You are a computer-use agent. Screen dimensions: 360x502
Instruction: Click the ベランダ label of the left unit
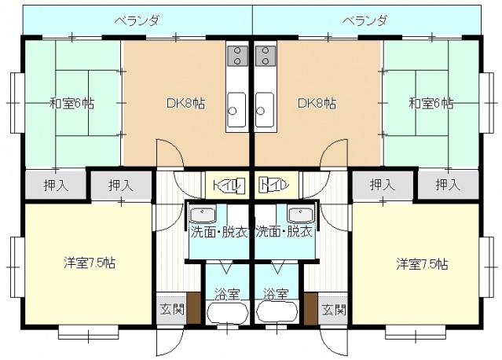point(138,20)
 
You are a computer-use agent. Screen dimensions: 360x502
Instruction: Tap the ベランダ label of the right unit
point(365,20)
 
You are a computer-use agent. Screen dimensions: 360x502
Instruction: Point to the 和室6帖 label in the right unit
point(431,102)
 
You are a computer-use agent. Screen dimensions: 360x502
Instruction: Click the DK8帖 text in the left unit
point(185,102)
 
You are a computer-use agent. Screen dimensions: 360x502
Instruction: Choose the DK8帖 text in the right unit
point(317,102)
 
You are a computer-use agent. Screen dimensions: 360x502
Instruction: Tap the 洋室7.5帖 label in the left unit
point(90,263)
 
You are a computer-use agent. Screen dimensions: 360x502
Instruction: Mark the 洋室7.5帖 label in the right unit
point(421,263)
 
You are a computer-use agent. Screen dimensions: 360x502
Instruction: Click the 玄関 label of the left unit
point(170,309)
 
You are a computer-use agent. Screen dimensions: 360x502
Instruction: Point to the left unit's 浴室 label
point(226,294)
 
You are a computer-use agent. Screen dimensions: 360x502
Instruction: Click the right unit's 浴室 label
point(276,294)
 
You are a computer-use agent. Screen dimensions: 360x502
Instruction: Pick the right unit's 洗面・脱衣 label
point(284,232)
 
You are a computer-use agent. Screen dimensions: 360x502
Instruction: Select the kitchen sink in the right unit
point(265,109)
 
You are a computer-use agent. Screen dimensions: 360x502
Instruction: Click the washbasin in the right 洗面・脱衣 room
point(300,215)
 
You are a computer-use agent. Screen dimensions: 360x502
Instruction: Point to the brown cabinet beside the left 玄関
point(191,307)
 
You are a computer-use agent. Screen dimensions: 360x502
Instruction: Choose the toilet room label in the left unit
point(229,186)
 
